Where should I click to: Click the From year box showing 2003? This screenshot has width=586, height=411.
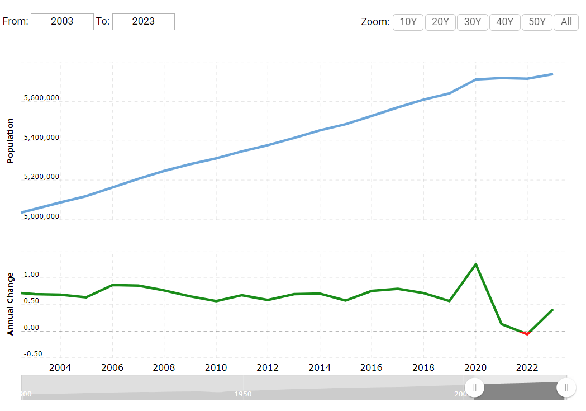(x=62, y=22)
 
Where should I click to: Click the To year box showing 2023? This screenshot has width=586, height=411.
(x=144, y=22)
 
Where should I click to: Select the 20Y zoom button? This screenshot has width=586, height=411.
(x=440, y=22)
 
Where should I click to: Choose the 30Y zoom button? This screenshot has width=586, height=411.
(x=473, y=22)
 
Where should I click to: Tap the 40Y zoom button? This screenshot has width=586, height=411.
(x=504, y=22)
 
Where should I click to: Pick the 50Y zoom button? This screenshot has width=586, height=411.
(x=537, y=22)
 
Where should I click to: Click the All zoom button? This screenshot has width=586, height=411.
(x=566, y=22)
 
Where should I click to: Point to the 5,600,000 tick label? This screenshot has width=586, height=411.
(x=41, y=98)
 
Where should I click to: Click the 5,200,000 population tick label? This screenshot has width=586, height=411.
(x=41, y=177)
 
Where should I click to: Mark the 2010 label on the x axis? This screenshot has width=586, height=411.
(x=216, y=368)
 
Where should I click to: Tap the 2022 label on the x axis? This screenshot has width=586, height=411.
(x=527, y=368)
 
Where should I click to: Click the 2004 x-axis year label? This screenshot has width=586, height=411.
(x=60, y=368)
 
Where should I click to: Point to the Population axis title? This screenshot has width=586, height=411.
(x=9, y=140)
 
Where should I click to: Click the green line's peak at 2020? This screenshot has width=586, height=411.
(x=475, y=264)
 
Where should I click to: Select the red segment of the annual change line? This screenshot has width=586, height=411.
(x=526, y=333)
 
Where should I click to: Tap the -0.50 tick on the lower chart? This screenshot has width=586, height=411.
(x=32, y=354)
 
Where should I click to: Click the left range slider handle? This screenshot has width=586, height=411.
(x=474, y=387)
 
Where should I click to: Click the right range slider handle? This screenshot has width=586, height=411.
(x=566, y=387)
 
